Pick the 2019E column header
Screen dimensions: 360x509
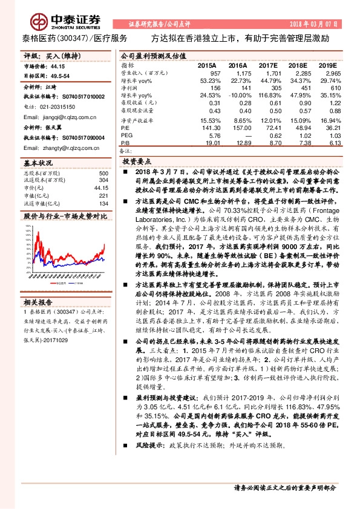click(327, 65)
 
